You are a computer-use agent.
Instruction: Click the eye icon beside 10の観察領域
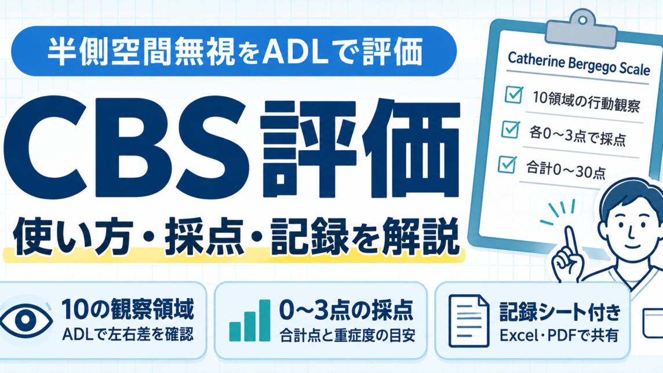coord(26,320)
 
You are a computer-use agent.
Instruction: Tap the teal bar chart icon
coord(249,320)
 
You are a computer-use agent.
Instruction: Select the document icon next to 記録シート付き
coord(468,321)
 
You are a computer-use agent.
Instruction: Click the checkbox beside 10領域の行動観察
coord(513,94)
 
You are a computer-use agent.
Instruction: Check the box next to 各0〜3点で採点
coord(511,129)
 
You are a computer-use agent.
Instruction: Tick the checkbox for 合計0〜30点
coord(507,164)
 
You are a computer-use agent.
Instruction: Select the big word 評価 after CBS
coord(359,149)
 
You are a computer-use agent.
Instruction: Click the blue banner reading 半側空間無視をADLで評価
coord(234,51)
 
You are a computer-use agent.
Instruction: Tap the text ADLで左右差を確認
coord(128,335)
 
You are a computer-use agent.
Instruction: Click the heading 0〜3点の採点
coord(347,311)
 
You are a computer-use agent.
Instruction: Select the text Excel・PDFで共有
coord(559,335)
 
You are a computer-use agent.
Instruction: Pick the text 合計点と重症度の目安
coord(347,336)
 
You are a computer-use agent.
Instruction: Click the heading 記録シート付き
coord(560,312)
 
